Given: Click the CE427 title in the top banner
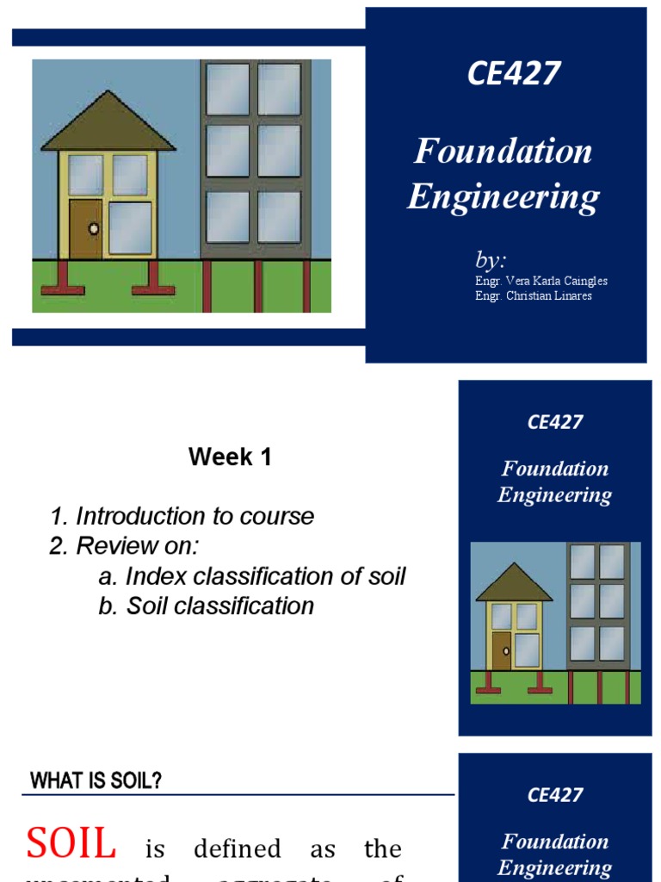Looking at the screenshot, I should [x=514, y=74].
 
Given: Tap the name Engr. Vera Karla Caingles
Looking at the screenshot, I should [x=541, y=281].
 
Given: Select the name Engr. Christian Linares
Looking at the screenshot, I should [x=533, y=296].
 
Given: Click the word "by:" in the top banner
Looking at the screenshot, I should [x=491, y=259].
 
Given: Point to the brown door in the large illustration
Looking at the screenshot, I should [x=85, y=229].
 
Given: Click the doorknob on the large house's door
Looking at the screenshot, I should [x=93, y=229].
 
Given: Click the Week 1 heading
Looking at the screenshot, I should [x=230, y=457].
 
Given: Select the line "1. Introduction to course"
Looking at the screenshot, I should [x=182, y=516].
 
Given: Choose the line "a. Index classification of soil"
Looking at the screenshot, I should [x=251, y=575].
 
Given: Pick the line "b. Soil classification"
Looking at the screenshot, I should [x=206, y=606].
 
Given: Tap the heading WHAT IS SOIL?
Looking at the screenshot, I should [x=96, y=781].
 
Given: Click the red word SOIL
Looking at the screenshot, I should [x=71, y=843].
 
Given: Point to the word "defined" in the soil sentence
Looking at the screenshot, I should [x=237, y=849].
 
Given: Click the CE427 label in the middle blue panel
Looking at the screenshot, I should [x=555, y=422].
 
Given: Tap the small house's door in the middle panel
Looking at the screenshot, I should [x=501, y=650].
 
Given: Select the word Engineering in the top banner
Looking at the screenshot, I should [x=503, y=197].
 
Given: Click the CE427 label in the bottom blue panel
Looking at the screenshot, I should [x=555, y=795].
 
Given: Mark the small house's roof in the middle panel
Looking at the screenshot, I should [x=514, y=584].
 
